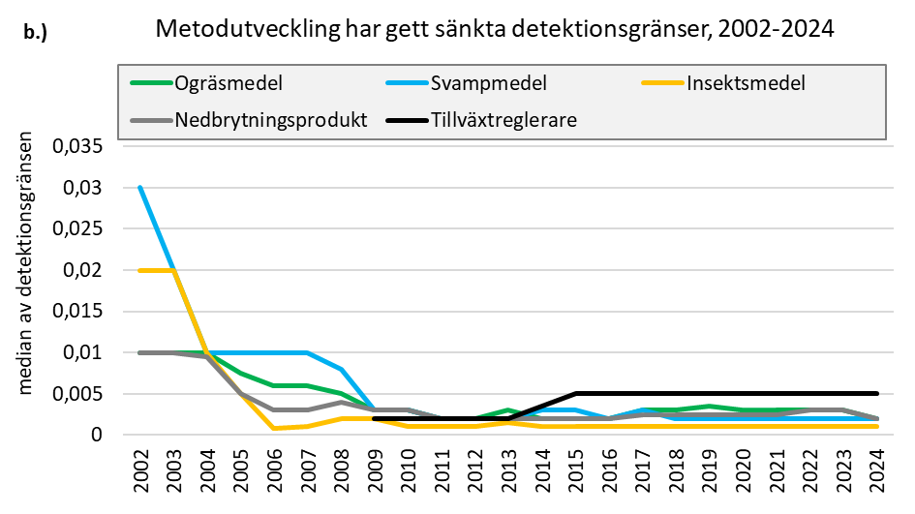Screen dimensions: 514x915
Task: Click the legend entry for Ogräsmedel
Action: pyautogui.click(x=228, y=83)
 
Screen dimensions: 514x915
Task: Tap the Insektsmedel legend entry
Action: pyautogui.click(x=746, y=83)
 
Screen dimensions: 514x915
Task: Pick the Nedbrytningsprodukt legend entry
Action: pyautogui.click(x=271, y=121)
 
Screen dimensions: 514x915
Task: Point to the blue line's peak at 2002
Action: pyautogui.click(x=140, y=188)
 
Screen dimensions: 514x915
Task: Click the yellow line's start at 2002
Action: pyautogui.click(x=140, y=270)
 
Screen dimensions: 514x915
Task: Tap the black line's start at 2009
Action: pyautogui.click(x=373, y=418)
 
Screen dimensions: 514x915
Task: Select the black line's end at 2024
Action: pyautogui.click(x=875, y=394)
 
